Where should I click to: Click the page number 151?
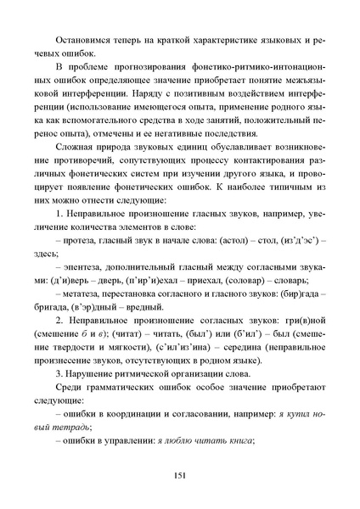point(180,474)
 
